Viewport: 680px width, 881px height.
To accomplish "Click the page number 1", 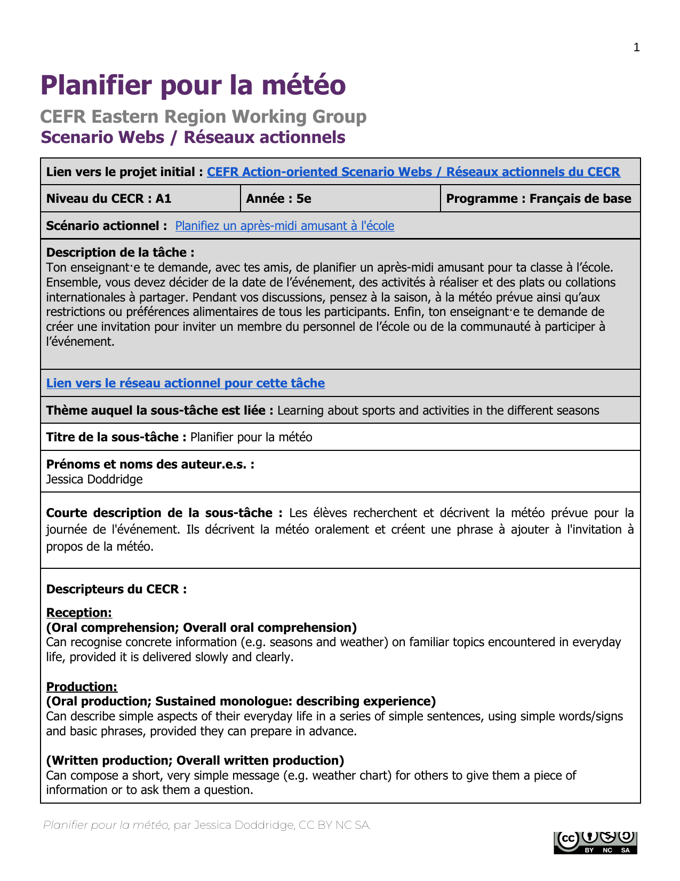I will click(x=636, y=48).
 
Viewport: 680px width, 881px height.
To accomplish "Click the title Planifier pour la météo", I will click(x=193, y=85).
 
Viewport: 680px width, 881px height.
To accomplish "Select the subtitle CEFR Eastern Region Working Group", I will click(x=203, y=116).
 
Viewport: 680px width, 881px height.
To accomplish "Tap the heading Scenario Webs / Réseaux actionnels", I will click(x=193, y=137).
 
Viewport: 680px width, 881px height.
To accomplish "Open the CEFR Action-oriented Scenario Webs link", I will click(x=413, y=172).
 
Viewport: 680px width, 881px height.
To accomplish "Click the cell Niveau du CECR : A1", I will click(x=109, y=199).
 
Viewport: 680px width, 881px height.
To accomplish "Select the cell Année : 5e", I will click(x=278, y=199).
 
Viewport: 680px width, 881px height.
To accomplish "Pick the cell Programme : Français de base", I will click(x=538, y=199).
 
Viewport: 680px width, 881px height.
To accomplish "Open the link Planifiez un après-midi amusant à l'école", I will click(x=284, y=226).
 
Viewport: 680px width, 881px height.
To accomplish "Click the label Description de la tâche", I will click(x=120, y=252).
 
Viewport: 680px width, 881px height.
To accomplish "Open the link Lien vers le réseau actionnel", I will click(x=185, y=383).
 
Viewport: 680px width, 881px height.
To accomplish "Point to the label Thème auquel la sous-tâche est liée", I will click(x=159, y=410).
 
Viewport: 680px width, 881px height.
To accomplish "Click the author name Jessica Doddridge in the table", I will click(x=94, y=479).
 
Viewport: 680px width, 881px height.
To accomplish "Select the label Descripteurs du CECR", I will click(x=116, y=589).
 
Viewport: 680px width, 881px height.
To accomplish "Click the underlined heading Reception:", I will click(x=79, y=613).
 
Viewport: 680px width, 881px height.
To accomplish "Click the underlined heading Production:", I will click(x=82, y=687).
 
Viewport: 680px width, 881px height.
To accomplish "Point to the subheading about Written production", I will click(x=195, y=760).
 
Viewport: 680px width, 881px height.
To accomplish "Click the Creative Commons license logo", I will click(x=595, y=842).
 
